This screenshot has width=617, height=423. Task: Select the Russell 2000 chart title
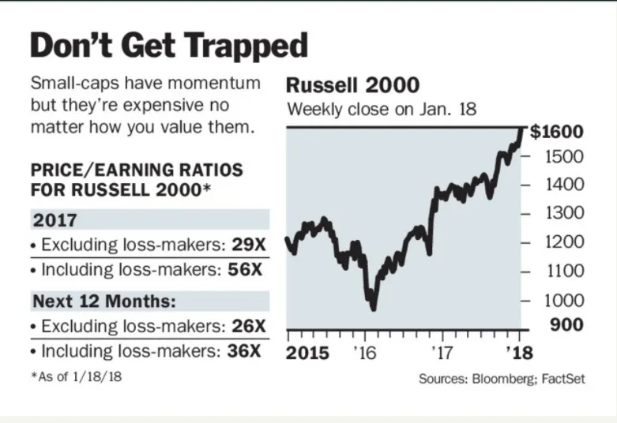point(352,85)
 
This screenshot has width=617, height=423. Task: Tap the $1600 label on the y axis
point(556,132)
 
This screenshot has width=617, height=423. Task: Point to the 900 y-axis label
point(566,325)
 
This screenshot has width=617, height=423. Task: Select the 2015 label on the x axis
point(308,352)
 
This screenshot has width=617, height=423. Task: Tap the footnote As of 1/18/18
point(77,376)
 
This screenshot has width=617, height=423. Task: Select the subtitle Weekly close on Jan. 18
point(382,109)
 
